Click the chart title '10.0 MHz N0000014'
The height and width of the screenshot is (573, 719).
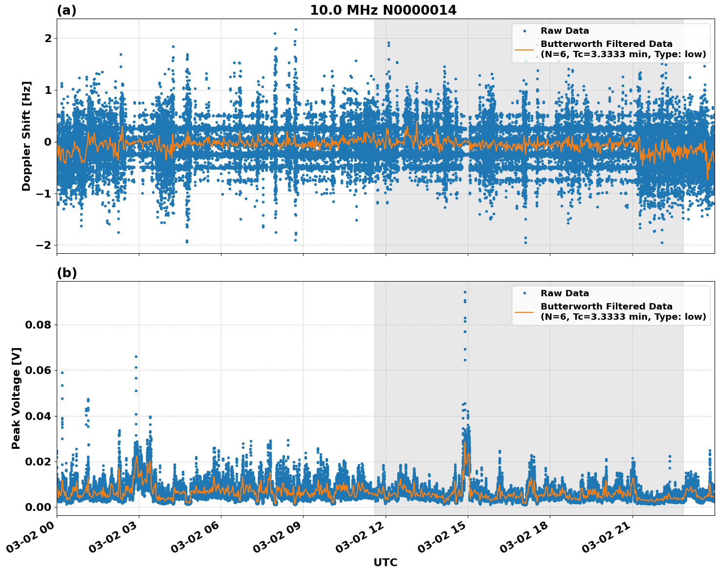coord(383,10)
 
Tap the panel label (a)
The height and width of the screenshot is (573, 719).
coord(66,10)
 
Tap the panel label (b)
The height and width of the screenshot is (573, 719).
coord(66,273)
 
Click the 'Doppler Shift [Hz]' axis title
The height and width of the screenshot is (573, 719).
coord(26,136)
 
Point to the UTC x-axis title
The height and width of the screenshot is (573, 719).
coord(385,562)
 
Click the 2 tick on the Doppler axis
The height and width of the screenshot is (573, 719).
coord(48,38)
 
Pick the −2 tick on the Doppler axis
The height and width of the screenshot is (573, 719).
coord(44,245)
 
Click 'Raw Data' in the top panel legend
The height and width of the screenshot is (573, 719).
coord(565,31)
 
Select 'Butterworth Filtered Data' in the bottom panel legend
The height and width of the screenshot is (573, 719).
coord(606,307)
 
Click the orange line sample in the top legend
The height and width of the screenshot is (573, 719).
coord(524,49)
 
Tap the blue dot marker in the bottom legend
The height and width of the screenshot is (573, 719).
coord(524,293)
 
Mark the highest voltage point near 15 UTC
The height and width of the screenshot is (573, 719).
coord(465,292)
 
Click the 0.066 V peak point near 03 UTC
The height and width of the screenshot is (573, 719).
coord(136,356)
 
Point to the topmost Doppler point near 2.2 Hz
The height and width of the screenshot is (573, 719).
coord(296,29)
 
